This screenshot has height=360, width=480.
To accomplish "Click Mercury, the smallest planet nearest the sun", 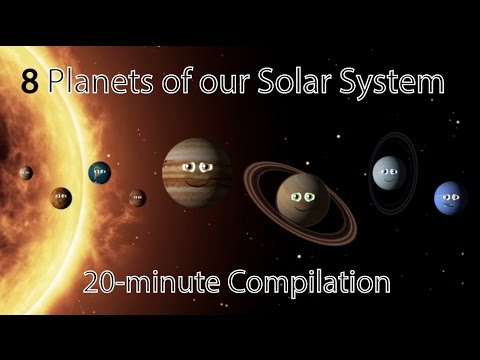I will [x=26, y=173].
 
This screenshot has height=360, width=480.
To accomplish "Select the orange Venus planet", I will [x=61, y=197].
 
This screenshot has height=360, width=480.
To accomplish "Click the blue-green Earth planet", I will [x=99, y=172].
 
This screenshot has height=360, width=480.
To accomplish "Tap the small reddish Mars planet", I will [x=137, y=197].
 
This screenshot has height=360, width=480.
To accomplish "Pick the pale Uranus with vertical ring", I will [x=388, y=174].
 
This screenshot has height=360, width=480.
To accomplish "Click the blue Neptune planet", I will [x=448, y=198].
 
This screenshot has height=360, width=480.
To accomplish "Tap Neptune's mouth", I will [x=449, y=207].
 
